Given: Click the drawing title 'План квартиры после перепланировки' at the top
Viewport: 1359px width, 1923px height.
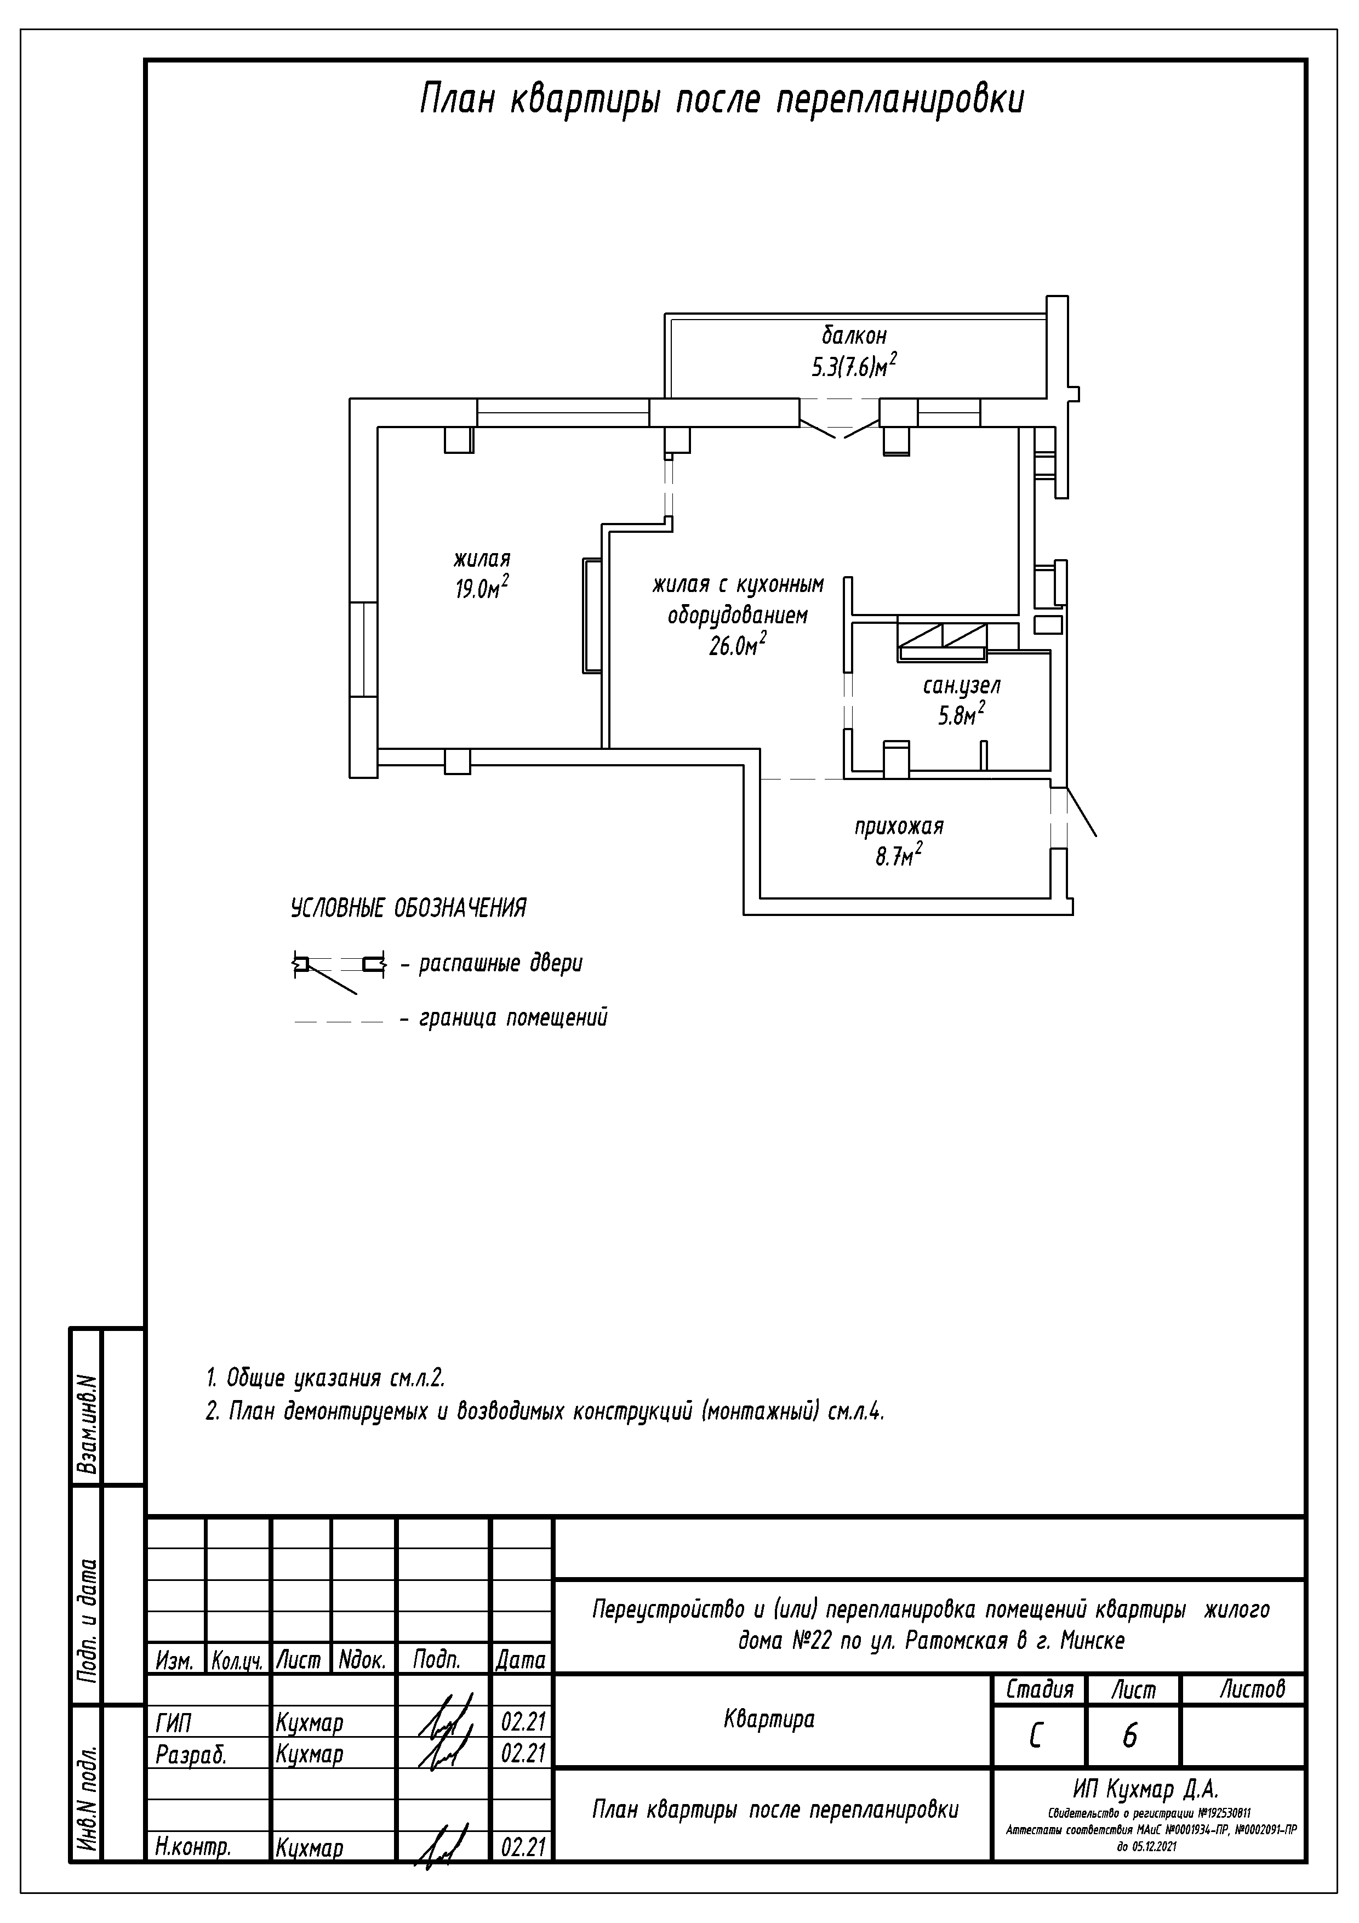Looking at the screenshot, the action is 721,99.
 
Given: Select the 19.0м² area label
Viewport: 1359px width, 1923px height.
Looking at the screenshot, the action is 482,588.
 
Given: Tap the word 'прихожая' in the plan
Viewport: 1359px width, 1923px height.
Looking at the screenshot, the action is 899,827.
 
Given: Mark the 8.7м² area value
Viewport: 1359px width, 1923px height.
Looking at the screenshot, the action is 899,856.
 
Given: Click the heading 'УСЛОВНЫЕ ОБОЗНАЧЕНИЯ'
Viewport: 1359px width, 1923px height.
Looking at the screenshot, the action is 409,908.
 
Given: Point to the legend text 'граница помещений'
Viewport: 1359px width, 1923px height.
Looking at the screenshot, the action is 513,1019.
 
